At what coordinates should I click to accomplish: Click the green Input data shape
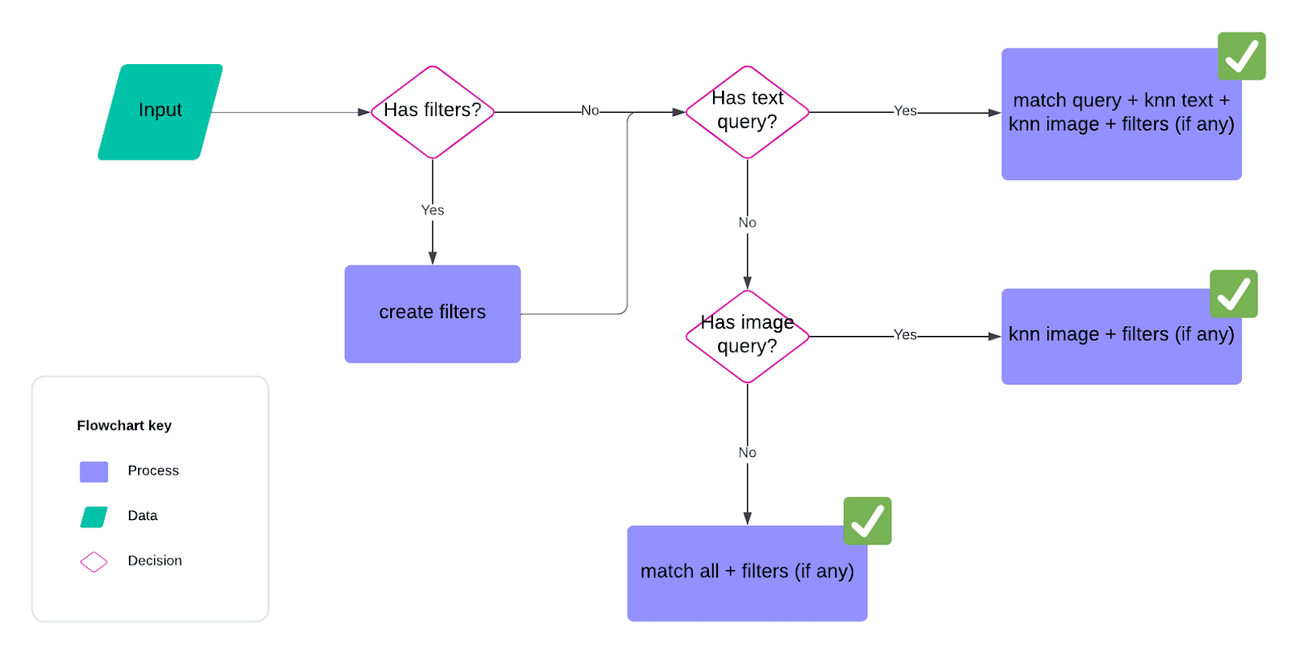coord(160,111)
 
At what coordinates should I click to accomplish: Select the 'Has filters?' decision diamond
coord(432,111)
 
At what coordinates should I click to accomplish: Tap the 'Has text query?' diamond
coord(747,111)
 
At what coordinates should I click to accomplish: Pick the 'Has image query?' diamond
coord(747,335)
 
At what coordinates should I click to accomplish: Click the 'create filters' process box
coord(432,313)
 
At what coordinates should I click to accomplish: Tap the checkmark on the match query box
coord(1241,56)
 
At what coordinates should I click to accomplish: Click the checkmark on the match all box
coord(867,521)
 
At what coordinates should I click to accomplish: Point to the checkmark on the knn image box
coord(1233,294)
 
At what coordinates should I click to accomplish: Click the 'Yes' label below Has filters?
coord(432,210)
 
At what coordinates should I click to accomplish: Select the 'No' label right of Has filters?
coord(590,110)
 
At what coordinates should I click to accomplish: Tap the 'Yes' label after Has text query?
coord(905,110)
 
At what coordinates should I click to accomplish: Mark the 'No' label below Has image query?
coord(747,453)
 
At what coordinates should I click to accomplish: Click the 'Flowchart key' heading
coord(124,425)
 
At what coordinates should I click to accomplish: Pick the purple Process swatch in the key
coord(94,471)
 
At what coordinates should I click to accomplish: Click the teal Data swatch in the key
coord(94,517)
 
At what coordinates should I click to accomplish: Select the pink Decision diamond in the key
coord(94,561)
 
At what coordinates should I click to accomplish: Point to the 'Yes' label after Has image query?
coord(905,334)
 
